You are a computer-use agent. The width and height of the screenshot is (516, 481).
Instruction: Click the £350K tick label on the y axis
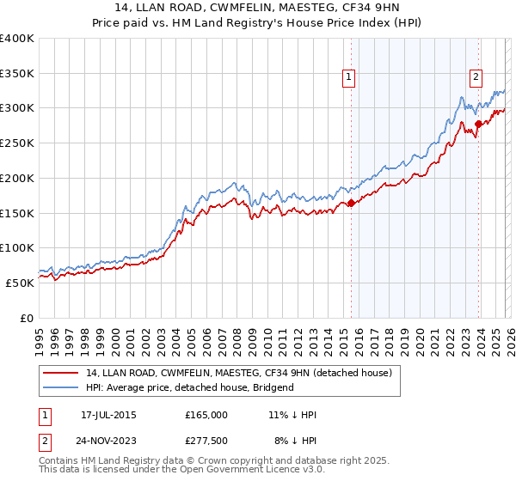point(17,74)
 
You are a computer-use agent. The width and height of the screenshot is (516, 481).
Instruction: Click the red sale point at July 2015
point(351,204)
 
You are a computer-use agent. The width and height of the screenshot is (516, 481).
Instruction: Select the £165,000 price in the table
point(206,415)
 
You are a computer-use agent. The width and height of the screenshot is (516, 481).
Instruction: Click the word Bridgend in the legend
point(272,387)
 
